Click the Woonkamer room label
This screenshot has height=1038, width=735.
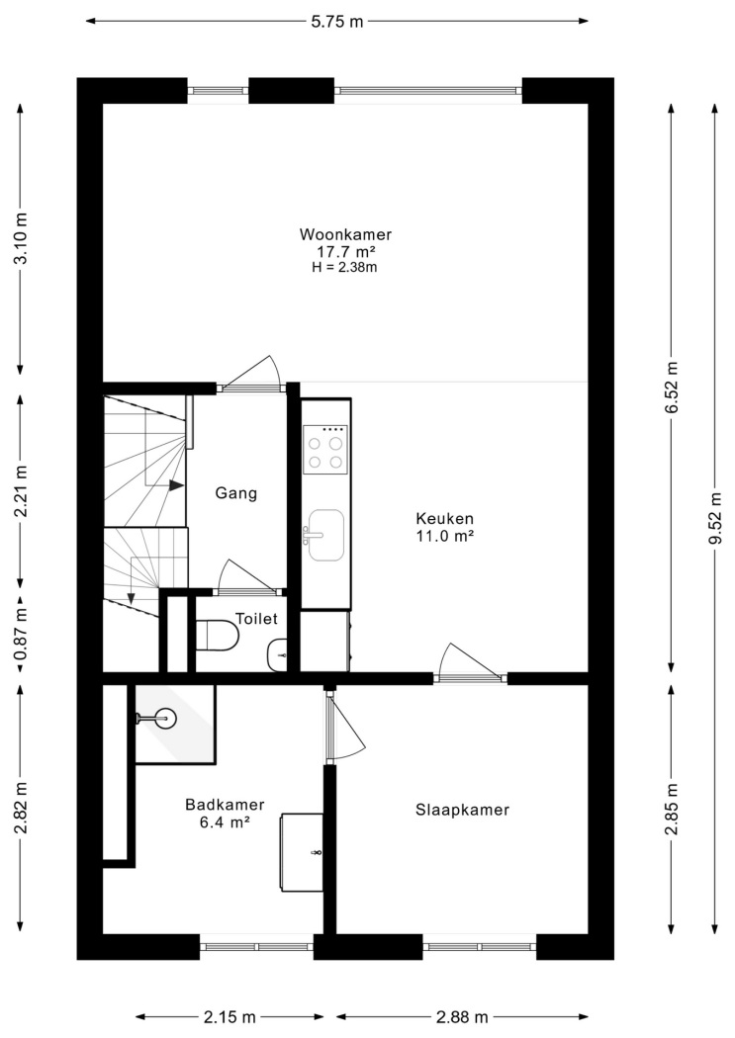(345, 234)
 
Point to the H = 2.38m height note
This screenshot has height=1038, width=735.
(344, 268)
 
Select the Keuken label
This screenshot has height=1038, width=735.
(444, 518)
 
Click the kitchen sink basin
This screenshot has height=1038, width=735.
(326, 535)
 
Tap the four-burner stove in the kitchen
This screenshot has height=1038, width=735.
(325, 450)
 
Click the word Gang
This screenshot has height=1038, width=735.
(235, 493)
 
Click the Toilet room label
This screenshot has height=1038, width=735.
(256, 618)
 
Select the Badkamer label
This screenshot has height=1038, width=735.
(225, 805)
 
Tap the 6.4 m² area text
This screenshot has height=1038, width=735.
(225, 822)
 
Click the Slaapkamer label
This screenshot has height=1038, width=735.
(462, 810)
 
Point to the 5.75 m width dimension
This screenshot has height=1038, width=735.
(337, 21)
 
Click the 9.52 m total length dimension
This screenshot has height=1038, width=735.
(715, 518)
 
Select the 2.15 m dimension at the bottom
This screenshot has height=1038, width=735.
(230, 1017)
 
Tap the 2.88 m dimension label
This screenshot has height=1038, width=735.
(462, 1017)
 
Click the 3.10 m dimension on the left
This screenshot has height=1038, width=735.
(21, 238)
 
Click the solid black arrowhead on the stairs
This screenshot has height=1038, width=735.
(176, 485)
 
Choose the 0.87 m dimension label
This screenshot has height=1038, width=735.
(21, 637)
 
